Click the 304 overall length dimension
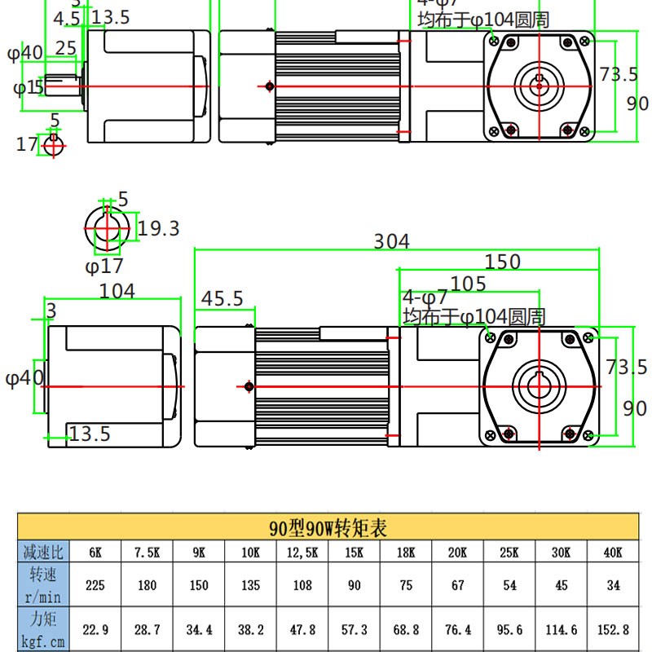[x=391, y=241]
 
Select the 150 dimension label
[x=502, y=262]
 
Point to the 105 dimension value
[x=468, y=283]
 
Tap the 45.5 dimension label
[x=222, y=299]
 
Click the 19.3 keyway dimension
[x=158, y=229]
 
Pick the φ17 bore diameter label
[x=104, y=266]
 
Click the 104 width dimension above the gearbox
[x=117, y=291]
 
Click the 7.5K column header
[x=147, y=552]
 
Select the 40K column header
[x=613, y=552]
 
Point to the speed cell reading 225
[x=95, y=585]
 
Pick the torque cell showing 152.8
[x=613, y=630]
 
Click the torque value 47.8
[x=302, y=630]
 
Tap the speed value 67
[x=457, y=585]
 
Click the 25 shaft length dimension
[x=66, y=49]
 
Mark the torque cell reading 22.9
[x=95, y=630]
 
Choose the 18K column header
[x=406, y=552]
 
